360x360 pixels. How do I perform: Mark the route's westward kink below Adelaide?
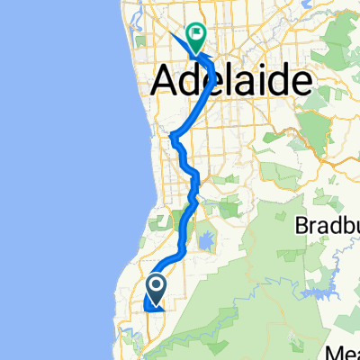(x=174, y=139)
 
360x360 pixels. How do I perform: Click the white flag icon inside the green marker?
(x=196, y=34)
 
